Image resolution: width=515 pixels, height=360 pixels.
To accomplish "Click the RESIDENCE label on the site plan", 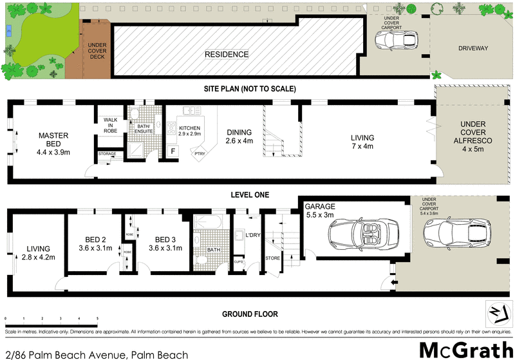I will click(x=227, y=55).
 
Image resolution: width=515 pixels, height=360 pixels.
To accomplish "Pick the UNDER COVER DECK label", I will click(x=97, y=51).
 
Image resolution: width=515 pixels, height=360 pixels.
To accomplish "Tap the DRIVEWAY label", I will click(x=473, y=48).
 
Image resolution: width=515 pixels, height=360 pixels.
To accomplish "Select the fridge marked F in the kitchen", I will click(x=173, y=151).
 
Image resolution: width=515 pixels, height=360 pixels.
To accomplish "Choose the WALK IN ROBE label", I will click(x=109, y=125).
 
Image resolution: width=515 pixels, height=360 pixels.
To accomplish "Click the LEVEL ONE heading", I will click(x=250, y=194).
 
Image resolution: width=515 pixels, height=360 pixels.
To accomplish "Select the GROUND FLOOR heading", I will click(x=250, y=314).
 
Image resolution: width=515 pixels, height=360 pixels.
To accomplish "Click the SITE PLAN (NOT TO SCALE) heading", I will click(x=250, y=88).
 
